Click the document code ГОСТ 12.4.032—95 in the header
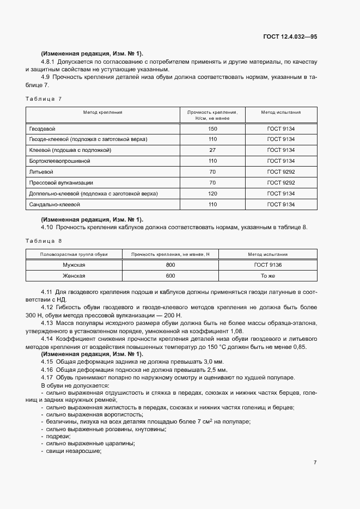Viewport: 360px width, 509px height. pos(290,36)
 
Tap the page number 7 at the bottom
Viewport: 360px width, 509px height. pos(315,463)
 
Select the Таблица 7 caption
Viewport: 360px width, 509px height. pos(44,99)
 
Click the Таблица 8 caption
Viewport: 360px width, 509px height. pos(44,240)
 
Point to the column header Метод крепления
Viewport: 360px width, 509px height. pos(102,112)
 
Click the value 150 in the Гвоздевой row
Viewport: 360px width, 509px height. pos(212,128)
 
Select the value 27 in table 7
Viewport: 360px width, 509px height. pos(212,150)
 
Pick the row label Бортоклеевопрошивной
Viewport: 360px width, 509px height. pos(59,161)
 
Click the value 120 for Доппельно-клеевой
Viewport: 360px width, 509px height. pos(212,194)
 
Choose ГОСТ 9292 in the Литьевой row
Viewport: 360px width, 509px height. pos(280,172)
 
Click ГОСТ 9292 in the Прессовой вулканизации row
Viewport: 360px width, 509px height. pos(280,183)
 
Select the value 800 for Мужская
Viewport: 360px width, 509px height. pos(170,265)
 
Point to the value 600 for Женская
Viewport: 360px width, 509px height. pos(170,276)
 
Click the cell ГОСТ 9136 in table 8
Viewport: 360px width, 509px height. pos(268,265)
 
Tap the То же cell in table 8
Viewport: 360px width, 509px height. pos(268,276)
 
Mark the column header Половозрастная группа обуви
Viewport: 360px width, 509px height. pos(74,254)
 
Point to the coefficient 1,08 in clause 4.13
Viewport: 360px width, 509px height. pos(235,331)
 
